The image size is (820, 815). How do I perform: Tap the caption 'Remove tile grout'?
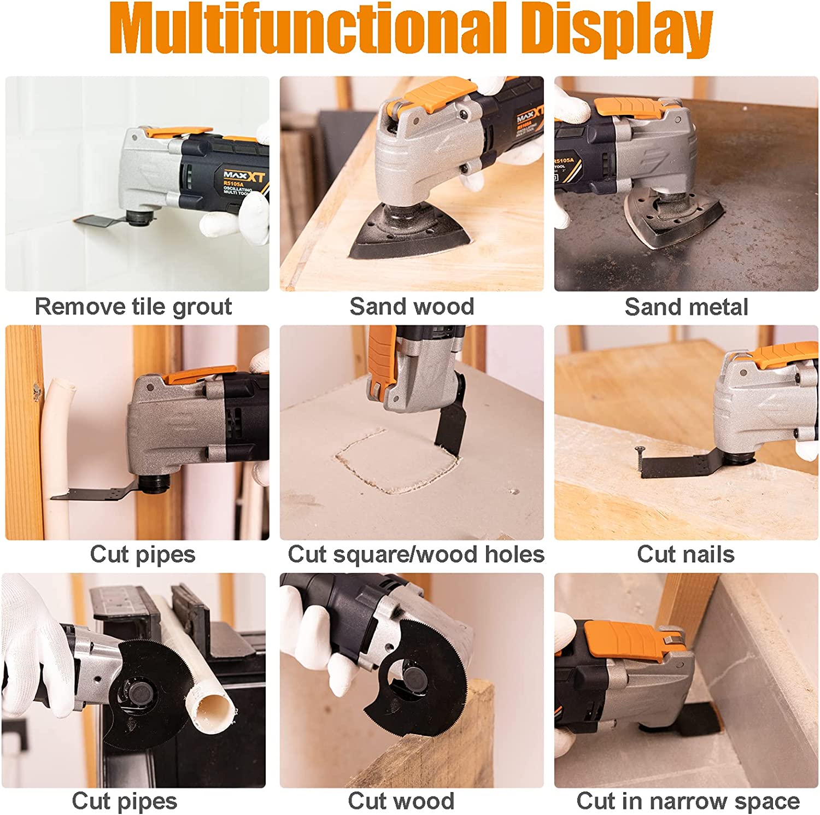coord(133,307)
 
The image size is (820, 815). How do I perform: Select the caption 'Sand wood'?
coord(412,307)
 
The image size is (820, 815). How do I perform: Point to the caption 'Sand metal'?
coord(686,307)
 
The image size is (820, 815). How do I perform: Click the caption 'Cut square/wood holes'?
coord(416,554)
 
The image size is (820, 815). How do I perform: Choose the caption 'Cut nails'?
coord(686,554)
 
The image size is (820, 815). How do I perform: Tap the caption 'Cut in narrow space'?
coord(688,801)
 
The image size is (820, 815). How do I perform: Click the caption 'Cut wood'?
coord(401,801)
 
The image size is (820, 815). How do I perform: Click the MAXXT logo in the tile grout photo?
coord(244,176)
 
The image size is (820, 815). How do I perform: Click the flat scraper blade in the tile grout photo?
coord(98,221)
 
